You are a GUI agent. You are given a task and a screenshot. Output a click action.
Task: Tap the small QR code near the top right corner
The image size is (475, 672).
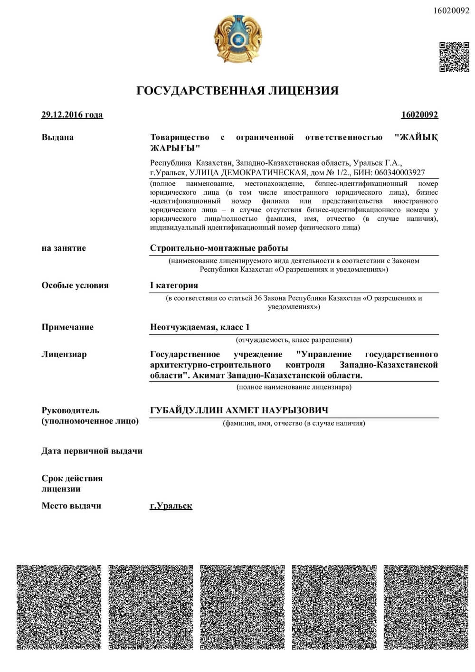(x=454, y=57)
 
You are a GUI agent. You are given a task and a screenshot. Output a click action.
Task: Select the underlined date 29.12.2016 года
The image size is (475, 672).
(x=72, y=114)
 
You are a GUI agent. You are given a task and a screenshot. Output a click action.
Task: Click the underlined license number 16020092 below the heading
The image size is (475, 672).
(x=419, y=114)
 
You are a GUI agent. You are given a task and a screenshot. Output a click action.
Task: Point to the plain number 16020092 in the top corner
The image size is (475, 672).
(x=451, y=11)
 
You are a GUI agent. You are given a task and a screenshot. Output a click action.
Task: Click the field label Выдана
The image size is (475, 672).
(x=57, y=137)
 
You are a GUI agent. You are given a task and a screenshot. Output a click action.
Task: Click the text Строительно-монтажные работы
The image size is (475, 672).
(x=219, y=248)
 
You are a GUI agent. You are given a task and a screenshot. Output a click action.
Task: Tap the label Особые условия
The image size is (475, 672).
(x=75, y=285)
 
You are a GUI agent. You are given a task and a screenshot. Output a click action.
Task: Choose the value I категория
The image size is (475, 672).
(x=174, y=285)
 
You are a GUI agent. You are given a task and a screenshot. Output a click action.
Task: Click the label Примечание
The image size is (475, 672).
(x=67, y=327)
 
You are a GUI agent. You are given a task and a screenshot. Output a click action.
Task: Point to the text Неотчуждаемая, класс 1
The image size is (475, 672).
(x=199, y=327)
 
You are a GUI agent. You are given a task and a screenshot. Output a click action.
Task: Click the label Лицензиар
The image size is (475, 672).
(x=64, y=354)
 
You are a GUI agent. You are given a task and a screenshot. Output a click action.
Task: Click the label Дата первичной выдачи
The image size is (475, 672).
(x=92, y=451)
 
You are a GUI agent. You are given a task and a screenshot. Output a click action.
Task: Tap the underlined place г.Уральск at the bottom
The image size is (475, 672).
(x=171, y=506)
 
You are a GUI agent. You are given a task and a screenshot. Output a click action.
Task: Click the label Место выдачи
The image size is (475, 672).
(x=71, y=506)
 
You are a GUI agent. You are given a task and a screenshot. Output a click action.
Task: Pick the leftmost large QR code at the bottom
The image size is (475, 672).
(x=59, y=607)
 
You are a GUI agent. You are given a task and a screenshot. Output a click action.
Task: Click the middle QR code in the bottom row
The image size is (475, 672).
(x=242, y=607)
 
